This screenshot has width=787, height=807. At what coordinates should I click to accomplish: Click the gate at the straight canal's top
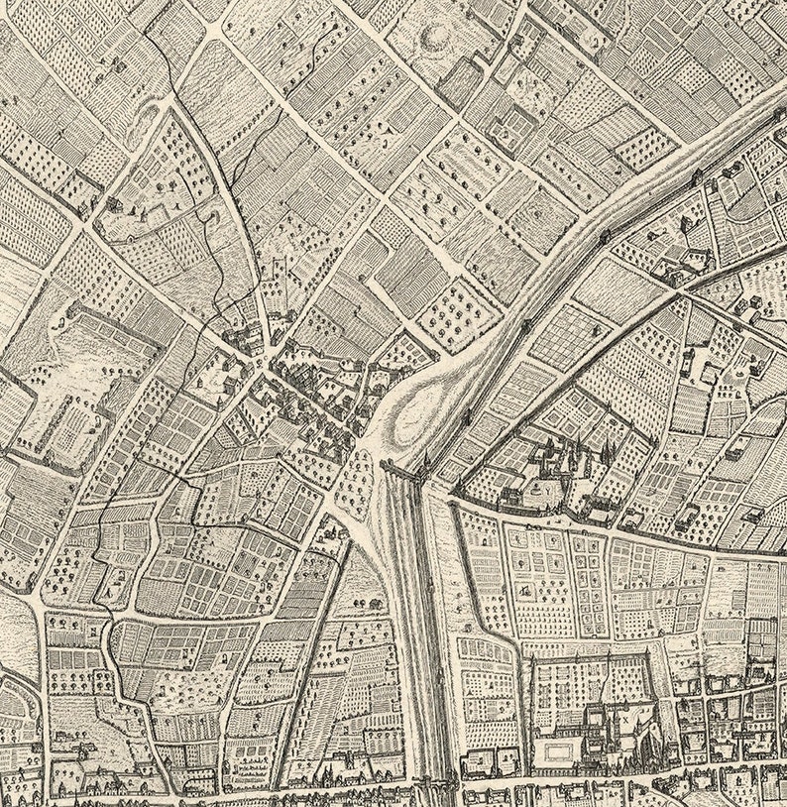[404, 471]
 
